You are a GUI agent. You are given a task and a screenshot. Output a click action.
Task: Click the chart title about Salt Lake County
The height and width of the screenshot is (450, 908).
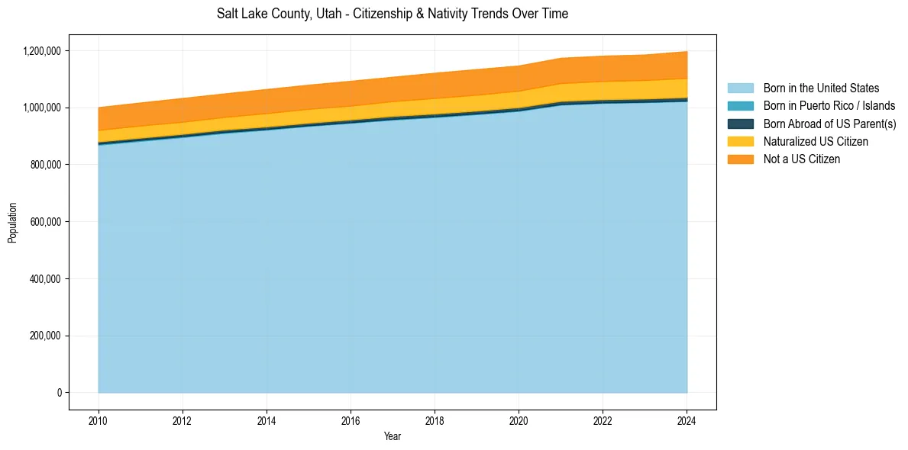tap(393, 14)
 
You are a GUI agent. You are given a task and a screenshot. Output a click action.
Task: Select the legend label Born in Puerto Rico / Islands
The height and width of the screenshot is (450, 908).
tap(829, 106)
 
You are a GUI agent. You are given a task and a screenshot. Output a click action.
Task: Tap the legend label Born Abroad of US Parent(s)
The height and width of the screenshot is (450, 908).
tap(829, 124)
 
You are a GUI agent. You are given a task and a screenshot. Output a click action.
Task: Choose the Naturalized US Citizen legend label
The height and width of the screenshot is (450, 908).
tap(816, 142)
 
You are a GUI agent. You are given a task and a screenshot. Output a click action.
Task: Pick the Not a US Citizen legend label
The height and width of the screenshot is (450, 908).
tap(802, 159)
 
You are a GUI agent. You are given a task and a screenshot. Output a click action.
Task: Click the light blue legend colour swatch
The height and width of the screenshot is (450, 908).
tap(740, 88)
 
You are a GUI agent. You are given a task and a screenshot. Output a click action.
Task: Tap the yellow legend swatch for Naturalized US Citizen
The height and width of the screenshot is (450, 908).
tap(740, 142)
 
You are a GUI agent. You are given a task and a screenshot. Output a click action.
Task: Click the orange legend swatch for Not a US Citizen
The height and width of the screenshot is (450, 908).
tap(740, 159)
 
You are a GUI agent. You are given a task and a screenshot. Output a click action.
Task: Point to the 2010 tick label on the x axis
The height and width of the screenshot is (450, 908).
tap(99, 420)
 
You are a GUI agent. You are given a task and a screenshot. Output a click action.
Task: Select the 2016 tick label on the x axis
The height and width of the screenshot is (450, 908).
tap(351, 420)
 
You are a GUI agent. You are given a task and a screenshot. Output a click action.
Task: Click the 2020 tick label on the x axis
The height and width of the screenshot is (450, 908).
tap(519, 420)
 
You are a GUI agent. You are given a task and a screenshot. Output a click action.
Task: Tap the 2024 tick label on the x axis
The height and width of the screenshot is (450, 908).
tap(687, 420)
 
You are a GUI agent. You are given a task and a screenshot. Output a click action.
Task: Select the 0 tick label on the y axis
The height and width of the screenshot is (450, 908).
tap(59, 393)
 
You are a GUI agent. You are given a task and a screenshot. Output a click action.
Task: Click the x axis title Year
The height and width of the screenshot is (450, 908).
tap(393, 437)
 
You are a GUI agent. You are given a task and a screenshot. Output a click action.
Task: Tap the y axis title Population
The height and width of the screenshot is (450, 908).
tap(12, 223)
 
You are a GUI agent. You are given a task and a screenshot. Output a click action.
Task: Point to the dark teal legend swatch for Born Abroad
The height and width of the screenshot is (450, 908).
tap(740, 124)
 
